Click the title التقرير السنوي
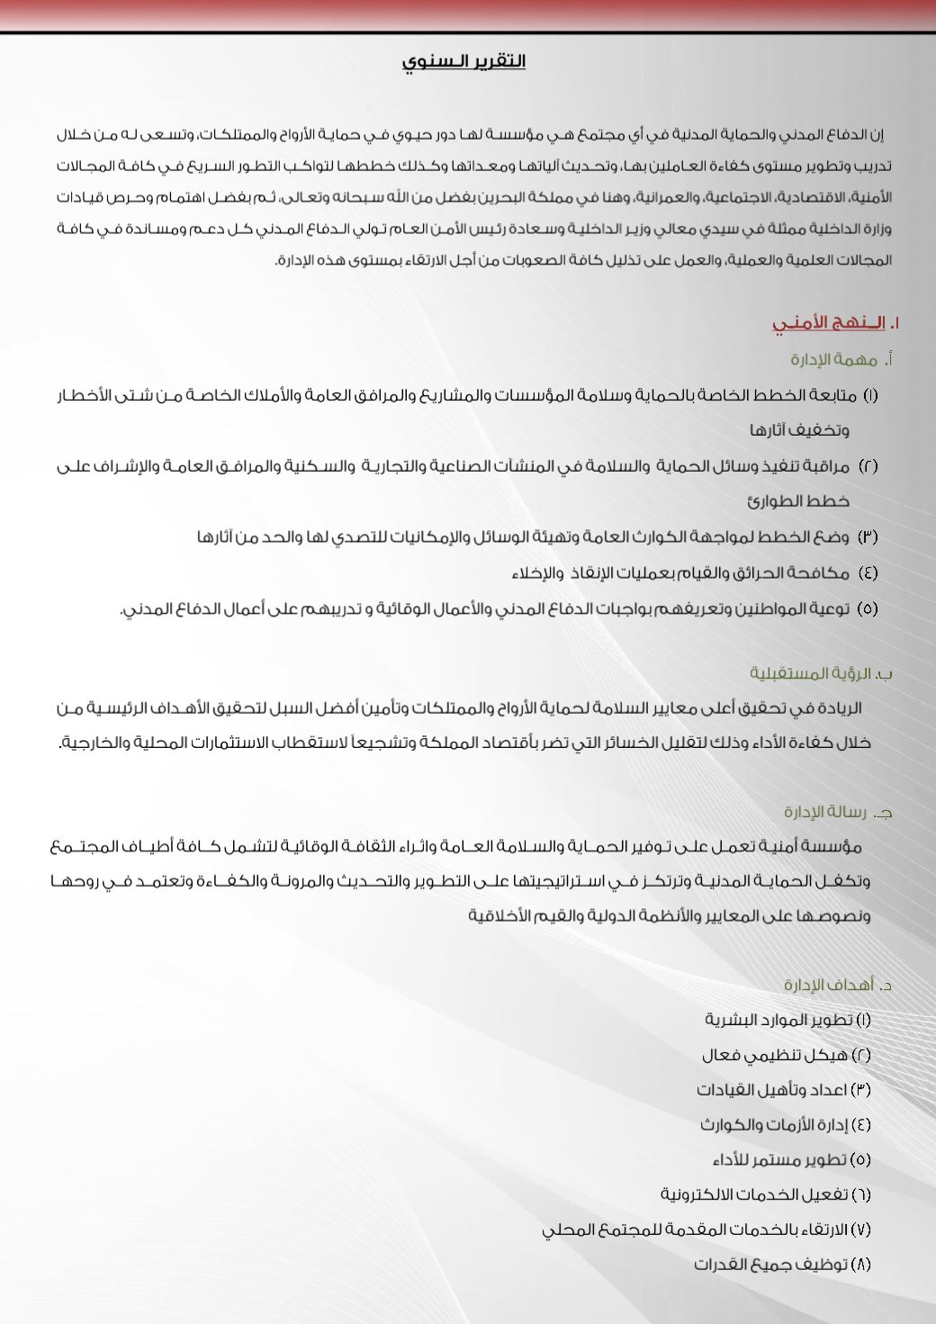(x=463, y=61)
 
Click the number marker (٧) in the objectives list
(x=860, y=1229)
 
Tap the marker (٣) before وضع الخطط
(x=867, y=537)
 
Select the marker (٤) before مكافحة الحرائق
(x=867, y=572)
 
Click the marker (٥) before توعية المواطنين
(x=867, y=608)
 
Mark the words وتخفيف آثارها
(x=800, y=430)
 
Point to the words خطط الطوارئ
(x=798, y=500)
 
